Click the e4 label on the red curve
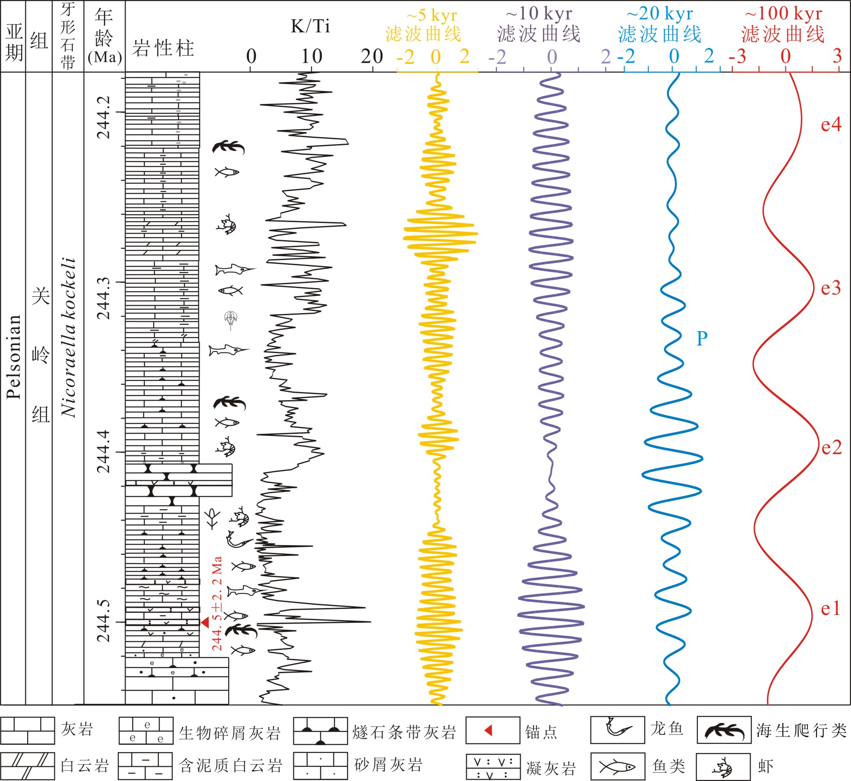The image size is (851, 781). point(831,125)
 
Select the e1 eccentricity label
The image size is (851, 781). point(830,608)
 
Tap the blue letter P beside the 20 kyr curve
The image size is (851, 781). point(702,339)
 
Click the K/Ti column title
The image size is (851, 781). point(310,26)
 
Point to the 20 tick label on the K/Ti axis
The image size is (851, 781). point(372,56)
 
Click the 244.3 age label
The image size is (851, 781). point(104,298)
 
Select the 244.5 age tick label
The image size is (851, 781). point(104,621)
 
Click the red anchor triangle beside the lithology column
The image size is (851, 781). point(205,622)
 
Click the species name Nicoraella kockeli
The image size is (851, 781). point(68,337)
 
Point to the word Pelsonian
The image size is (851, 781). point(13,357)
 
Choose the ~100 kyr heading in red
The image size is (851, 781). point(783,14)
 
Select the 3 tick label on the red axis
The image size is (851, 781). point(837,56)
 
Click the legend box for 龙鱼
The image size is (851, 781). point(617,730)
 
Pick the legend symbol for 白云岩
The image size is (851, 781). point(28,766)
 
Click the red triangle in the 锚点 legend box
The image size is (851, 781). point(489,730)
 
